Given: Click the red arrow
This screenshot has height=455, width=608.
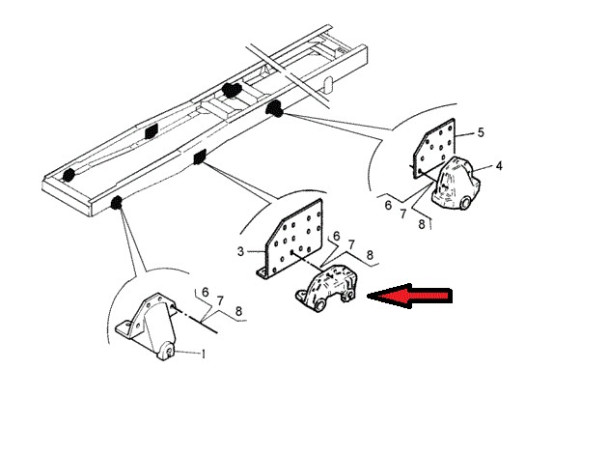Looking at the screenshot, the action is tap(409, 296).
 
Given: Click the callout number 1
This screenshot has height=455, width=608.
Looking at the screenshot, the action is tap(203, 354).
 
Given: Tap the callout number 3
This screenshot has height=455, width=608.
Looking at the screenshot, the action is tap(240, 251).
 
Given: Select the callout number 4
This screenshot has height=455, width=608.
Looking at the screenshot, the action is tap(499, 166).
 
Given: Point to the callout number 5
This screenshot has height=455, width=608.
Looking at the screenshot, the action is tap(481, 132).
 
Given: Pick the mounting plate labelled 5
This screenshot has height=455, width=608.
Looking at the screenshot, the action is tap(434, 149).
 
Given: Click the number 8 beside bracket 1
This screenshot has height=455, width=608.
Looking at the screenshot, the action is tap(239, 311).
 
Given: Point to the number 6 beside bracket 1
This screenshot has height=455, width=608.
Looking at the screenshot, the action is tap(206, 292).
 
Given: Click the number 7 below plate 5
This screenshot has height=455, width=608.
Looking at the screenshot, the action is tap(403, 213).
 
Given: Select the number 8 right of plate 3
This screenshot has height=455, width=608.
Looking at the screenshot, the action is tap(370, 255).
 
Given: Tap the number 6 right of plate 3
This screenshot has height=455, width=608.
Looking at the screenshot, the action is tap(336, 236).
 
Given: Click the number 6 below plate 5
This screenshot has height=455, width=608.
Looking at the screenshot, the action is tap(388, 205).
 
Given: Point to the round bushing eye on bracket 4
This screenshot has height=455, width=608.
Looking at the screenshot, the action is tap(464, 203).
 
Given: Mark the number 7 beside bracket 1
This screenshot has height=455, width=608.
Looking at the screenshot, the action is tap(220, 300).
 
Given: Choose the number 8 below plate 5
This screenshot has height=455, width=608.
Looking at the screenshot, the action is tap(422, 225).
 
